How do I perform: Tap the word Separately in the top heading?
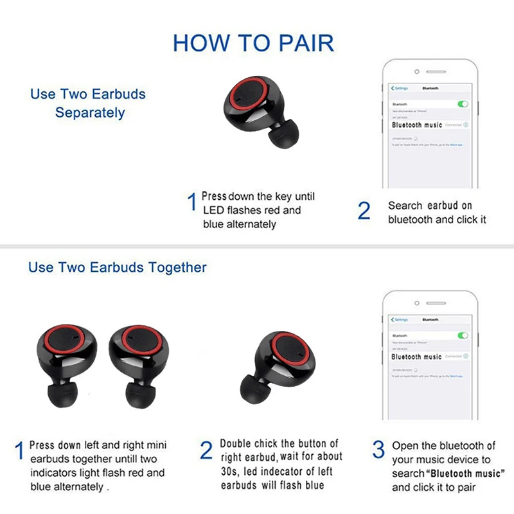tap(90, 112)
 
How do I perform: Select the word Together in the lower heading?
tap(177, 267)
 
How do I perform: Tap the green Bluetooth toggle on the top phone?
tap(462, 104)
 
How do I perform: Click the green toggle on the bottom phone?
tap(462, 335)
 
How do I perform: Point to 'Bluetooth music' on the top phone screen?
tap(417, 125)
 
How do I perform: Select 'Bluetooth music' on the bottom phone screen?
tap(417, 357)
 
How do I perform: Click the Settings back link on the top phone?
tap(400, 87)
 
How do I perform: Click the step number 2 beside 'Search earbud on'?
tap(364, 211)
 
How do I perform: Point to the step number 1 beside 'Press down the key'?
tap(191, 203)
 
